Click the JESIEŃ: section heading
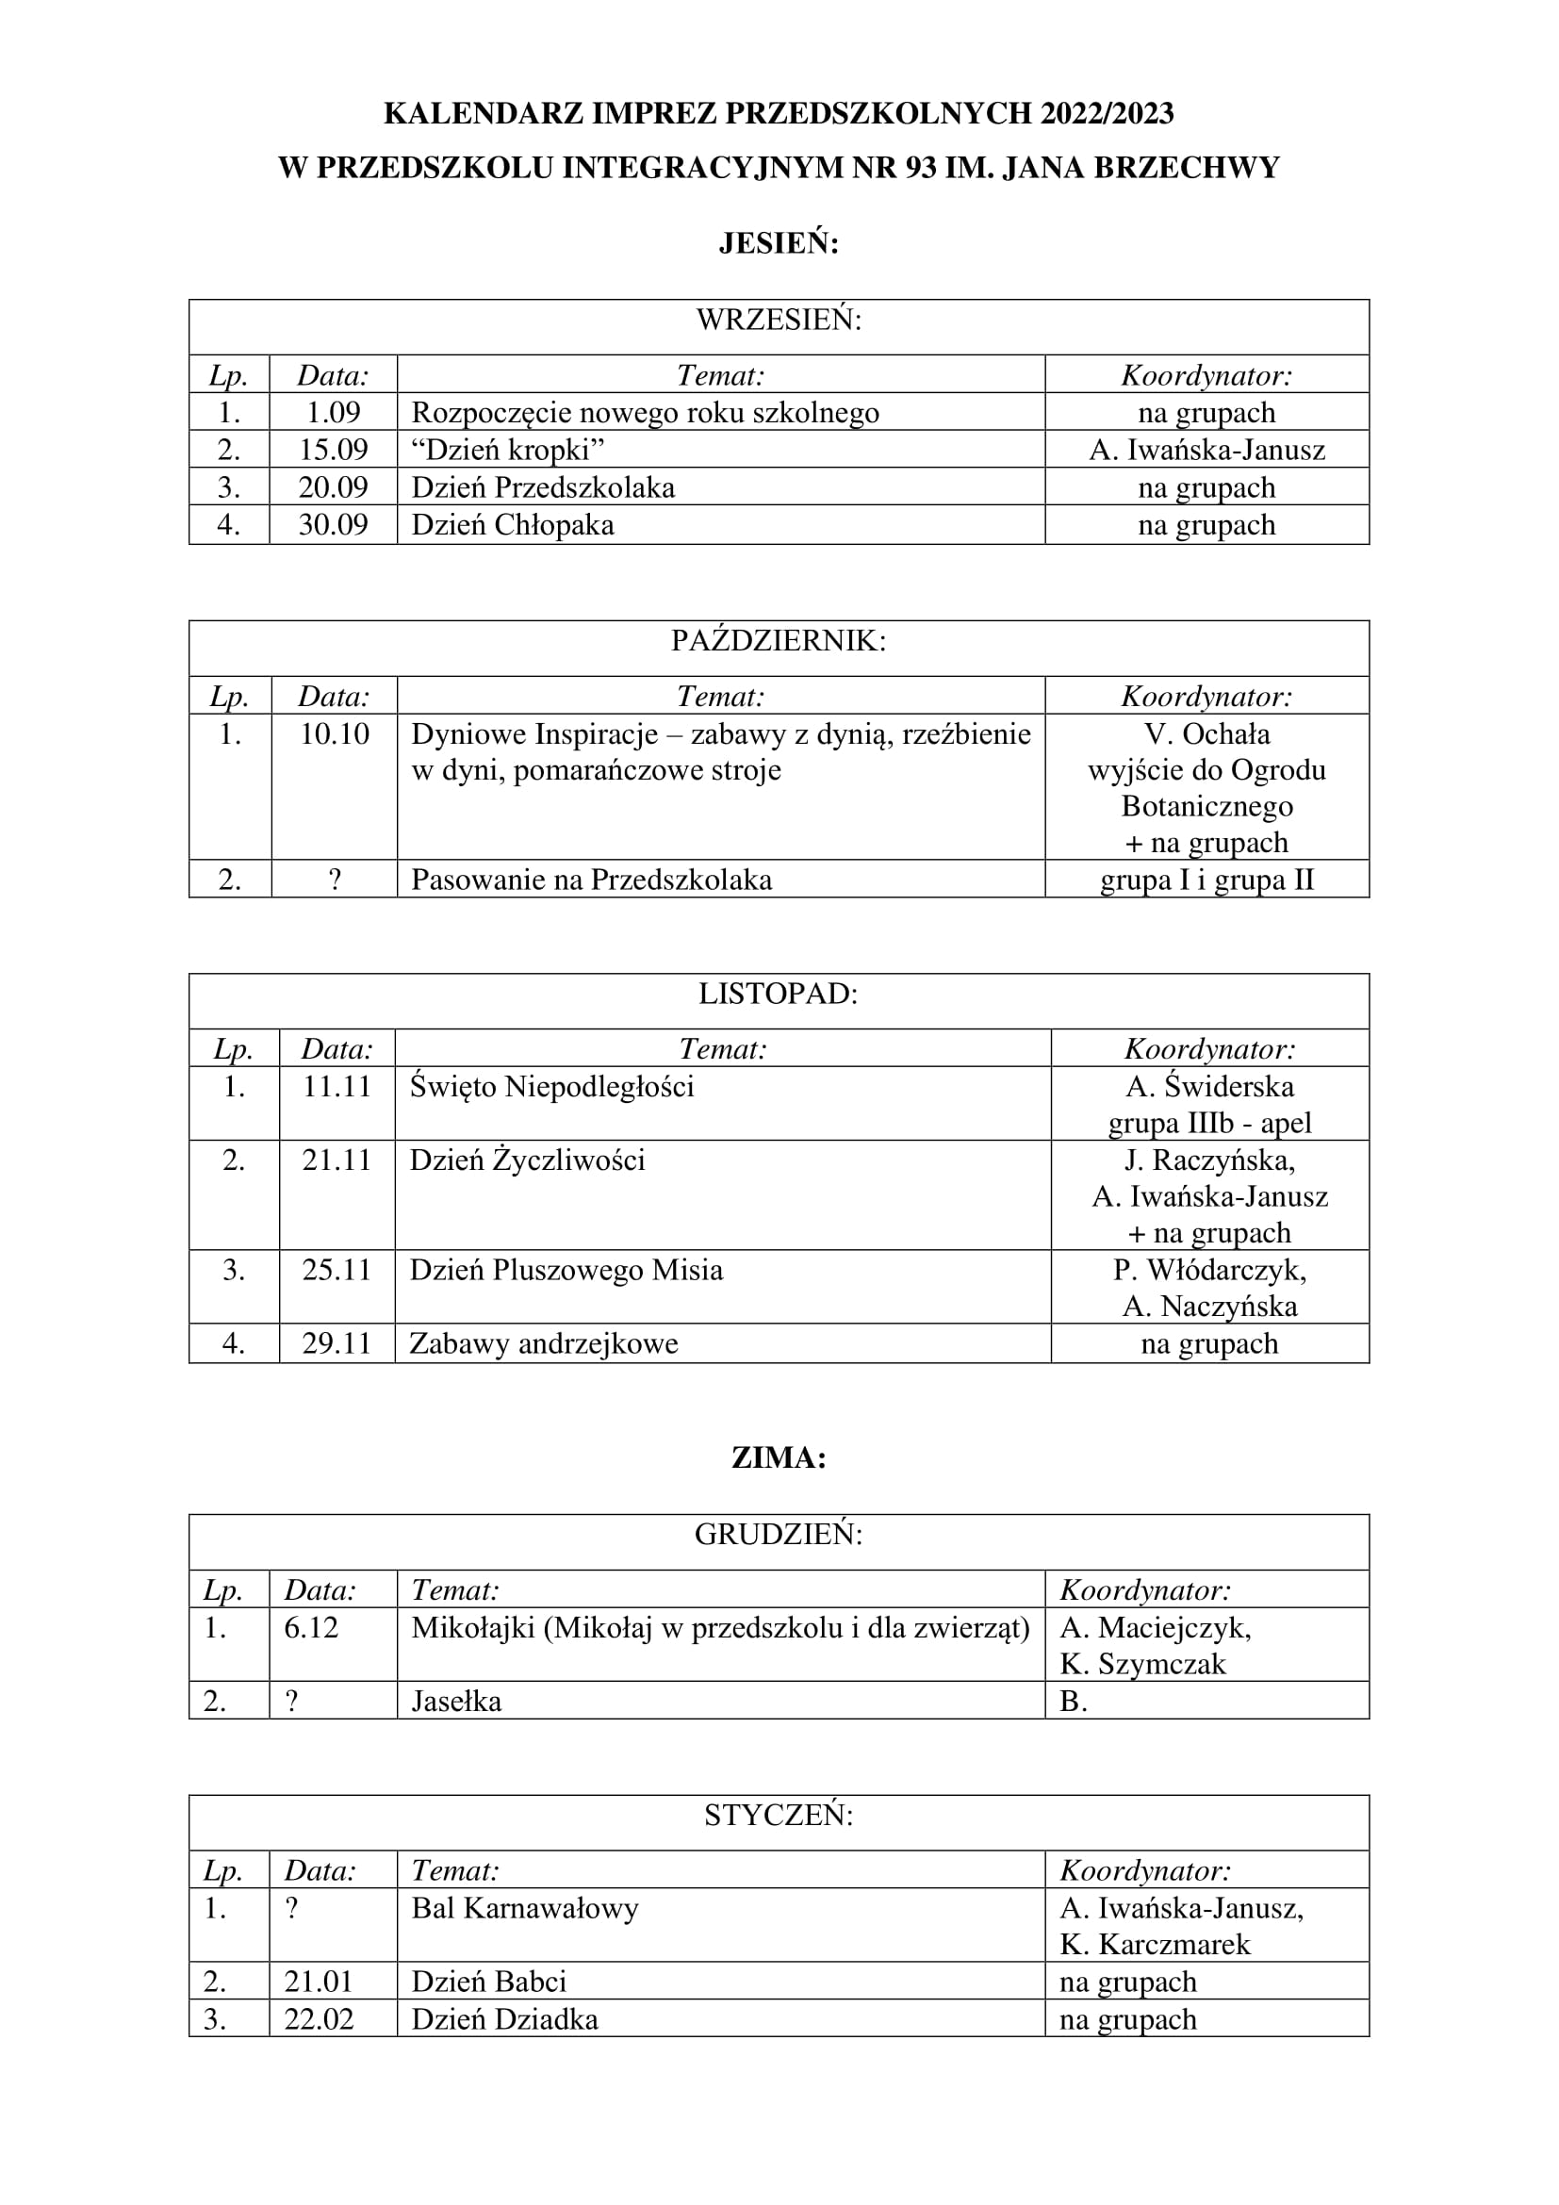(x=779, y=244)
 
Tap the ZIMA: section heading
(x=779, y=1457)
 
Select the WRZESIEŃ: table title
(x=779, y=320)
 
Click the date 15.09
(x=333, y=450)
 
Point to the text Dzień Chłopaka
(x=513, y=525)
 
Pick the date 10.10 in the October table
(x=334, y=733)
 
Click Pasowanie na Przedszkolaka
(x=591, y=880)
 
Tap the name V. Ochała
(x=1206, y=733)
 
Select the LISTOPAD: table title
(x=779, y=993)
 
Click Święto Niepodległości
(x=552, y=1086)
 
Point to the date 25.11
(x=336, y=1270)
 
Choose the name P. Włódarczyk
(x=1208, y=1270)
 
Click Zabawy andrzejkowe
(x=543, y=1343)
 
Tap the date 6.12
(x=311, y=1628)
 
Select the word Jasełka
(x=456, y=1701)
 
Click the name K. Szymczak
(x=1142, y=1664)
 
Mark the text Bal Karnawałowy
(x=525, y=1908)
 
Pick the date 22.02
(x=319, y=2019)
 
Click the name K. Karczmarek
(x=1155, y=1945)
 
